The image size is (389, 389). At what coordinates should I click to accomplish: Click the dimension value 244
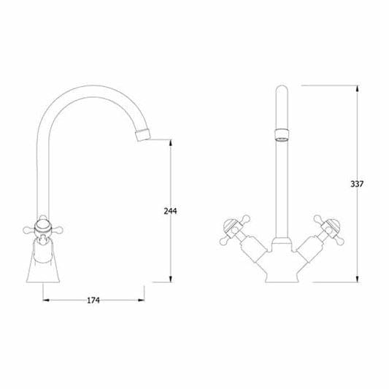coord(170,211)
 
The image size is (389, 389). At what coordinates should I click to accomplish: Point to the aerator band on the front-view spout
coord(280,134)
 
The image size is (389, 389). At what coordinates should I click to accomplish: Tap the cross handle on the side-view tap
coord(45,228)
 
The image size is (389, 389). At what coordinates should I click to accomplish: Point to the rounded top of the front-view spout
coord(280,89)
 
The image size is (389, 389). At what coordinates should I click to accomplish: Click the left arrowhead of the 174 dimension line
coord(45,299)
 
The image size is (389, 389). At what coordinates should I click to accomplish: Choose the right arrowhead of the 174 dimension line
coord(143,299)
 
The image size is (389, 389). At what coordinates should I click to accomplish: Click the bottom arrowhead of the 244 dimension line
coord(170,280)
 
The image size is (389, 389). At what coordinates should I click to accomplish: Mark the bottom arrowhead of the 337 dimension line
coord(357,280)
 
